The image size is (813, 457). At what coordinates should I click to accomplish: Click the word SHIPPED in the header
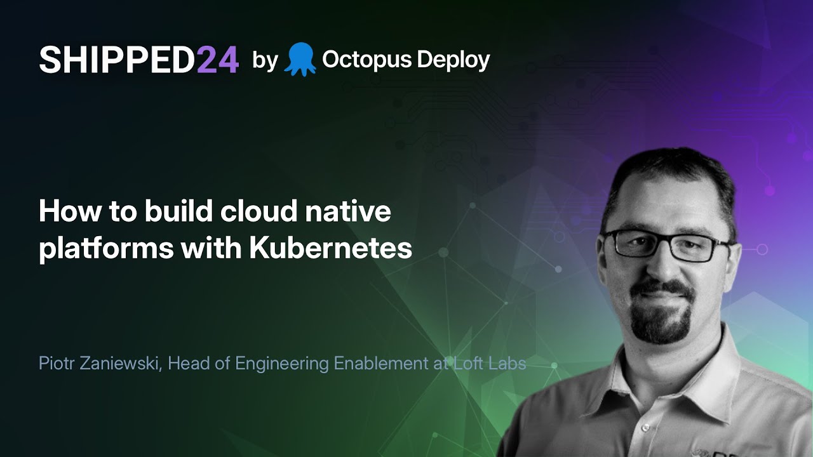[x=117, y=60]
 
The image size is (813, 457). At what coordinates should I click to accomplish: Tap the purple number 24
[x=217, y=60]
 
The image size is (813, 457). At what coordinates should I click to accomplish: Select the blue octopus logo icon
[x=300, y=59]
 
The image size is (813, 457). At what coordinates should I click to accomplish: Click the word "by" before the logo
[x=265, y=60]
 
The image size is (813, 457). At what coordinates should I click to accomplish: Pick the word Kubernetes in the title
[x=330, y=248]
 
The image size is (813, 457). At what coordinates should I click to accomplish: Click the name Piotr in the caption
[x=55, y=364]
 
